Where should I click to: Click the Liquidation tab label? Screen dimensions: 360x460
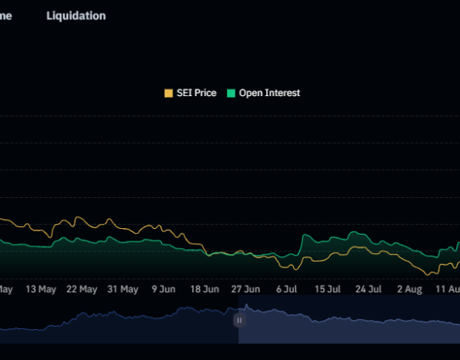tap(76, 16)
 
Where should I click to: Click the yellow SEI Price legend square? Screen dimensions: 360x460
tap(168, 94)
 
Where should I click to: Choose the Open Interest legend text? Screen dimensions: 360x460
tap(269, 94)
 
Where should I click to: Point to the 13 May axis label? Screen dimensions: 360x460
tap(41, 289)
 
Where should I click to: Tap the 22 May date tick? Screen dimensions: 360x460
tap(82, 289)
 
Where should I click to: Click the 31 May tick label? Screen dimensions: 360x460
tap(123, 289)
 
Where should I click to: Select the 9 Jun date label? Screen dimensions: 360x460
tap(164, 289)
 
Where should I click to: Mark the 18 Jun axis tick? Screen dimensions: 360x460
tap(205, 289)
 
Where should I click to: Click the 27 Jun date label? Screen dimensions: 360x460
tap(245, 289)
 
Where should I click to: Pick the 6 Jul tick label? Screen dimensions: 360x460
tap(286, 289)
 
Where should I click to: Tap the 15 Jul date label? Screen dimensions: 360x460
tap(327, 289)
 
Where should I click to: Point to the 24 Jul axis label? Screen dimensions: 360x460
tap(368, 289)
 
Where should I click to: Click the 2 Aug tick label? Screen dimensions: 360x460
tap(409, 289)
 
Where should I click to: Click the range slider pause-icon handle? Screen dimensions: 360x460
tap(239, 320)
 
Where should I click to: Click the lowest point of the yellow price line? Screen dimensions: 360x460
tap(428, 274)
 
